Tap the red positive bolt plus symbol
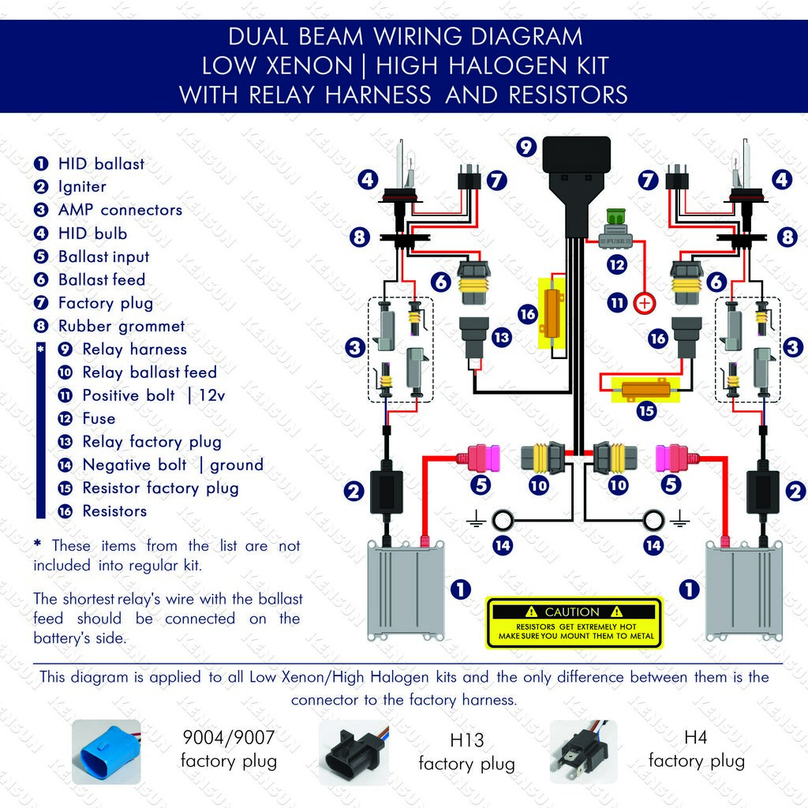point(645,302)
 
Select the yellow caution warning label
point(574,623)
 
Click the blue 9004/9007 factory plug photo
point(106,752)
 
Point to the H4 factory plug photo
point(584,751)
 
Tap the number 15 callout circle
point(646,410)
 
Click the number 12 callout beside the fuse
point(616,264)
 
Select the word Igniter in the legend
point(82,187)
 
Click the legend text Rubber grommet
point(122,326)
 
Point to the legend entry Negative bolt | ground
point(173,465)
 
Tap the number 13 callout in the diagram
point(501,338)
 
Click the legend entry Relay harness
point(134,349)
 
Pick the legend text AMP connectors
point(120,210)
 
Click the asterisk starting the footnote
point(38,545)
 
